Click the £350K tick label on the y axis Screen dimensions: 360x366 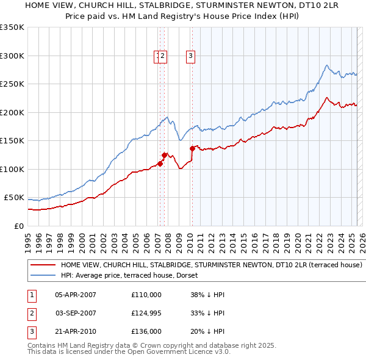[12, 27]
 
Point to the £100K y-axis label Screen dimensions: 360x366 [12, 169]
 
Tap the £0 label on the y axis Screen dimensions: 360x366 [19, 226]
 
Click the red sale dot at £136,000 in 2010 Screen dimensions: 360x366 [192, 148]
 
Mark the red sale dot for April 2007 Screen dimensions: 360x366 [160, 164]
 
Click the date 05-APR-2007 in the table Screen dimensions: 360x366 [75, 295]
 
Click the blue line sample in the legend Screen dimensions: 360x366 [42, 275]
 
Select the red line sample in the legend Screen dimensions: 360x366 [42, 265]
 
